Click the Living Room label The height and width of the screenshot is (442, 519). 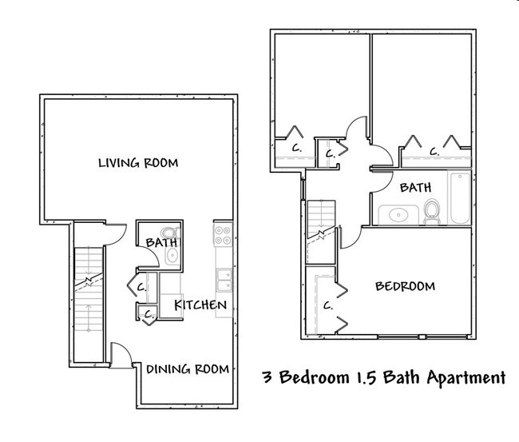pyautogui.click(x=137, y=163)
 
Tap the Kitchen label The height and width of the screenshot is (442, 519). pyautogui.click(x=201, y=305)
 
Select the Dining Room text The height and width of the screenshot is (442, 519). pyautogui.click(x=188, y=369)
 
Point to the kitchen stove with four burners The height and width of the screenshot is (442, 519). pyautogui.click(x=223, y=235)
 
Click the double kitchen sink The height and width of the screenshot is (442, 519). pyautogui.click(x=224, y=279)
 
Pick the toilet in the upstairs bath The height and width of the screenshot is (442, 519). pyautogui.click(x=432, y=212)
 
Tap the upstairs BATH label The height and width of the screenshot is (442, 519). pyautogui.click(x=415, y=187)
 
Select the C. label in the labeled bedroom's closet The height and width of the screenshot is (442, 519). pyautogui.click(x=328, y=305)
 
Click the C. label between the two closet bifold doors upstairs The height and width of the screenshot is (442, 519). pyautogui.click(x=434, y=150)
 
